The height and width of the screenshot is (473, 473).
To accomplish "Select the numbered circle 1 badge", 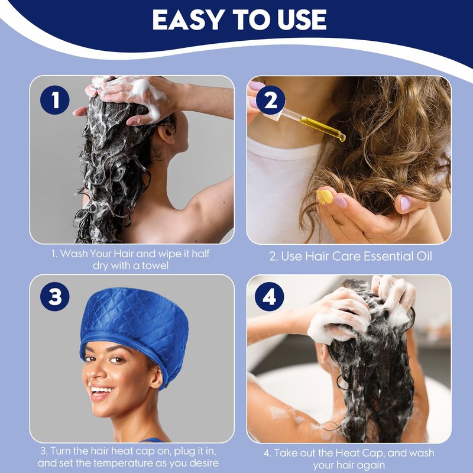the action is tap(54, 100).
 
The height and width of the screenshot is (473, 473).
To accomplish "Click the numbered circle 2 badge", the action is tap(271, 100).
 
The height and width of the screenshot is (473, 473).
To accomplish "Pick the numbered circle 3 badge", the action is tap(54, 297).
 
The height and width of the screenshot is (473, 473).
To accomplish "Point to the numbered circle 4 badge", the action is tap(270, 297).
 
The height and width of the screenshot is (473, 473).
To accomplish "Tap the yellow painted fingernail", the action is tap(324, 196).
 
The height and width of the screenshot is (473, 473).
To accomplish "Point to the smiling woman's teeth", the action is tap(101, 390).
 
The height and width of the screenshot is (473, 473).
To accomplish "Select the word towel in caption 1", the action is tap(155, 265).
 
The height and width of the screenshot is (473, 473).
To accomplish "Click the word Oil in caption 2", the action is tap(424, 256).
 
